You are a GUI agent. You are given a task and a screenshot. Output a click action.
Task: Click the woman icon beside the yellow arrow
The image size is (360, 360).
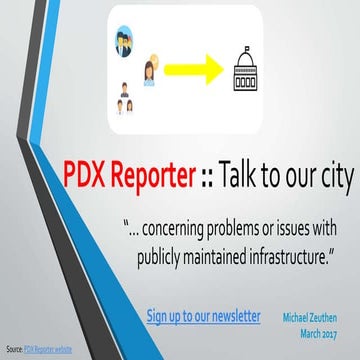tap(147, 71)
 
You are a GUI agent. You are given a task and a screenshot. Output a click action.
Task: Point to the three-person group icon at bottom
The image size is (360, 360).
tap(125, 98)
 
